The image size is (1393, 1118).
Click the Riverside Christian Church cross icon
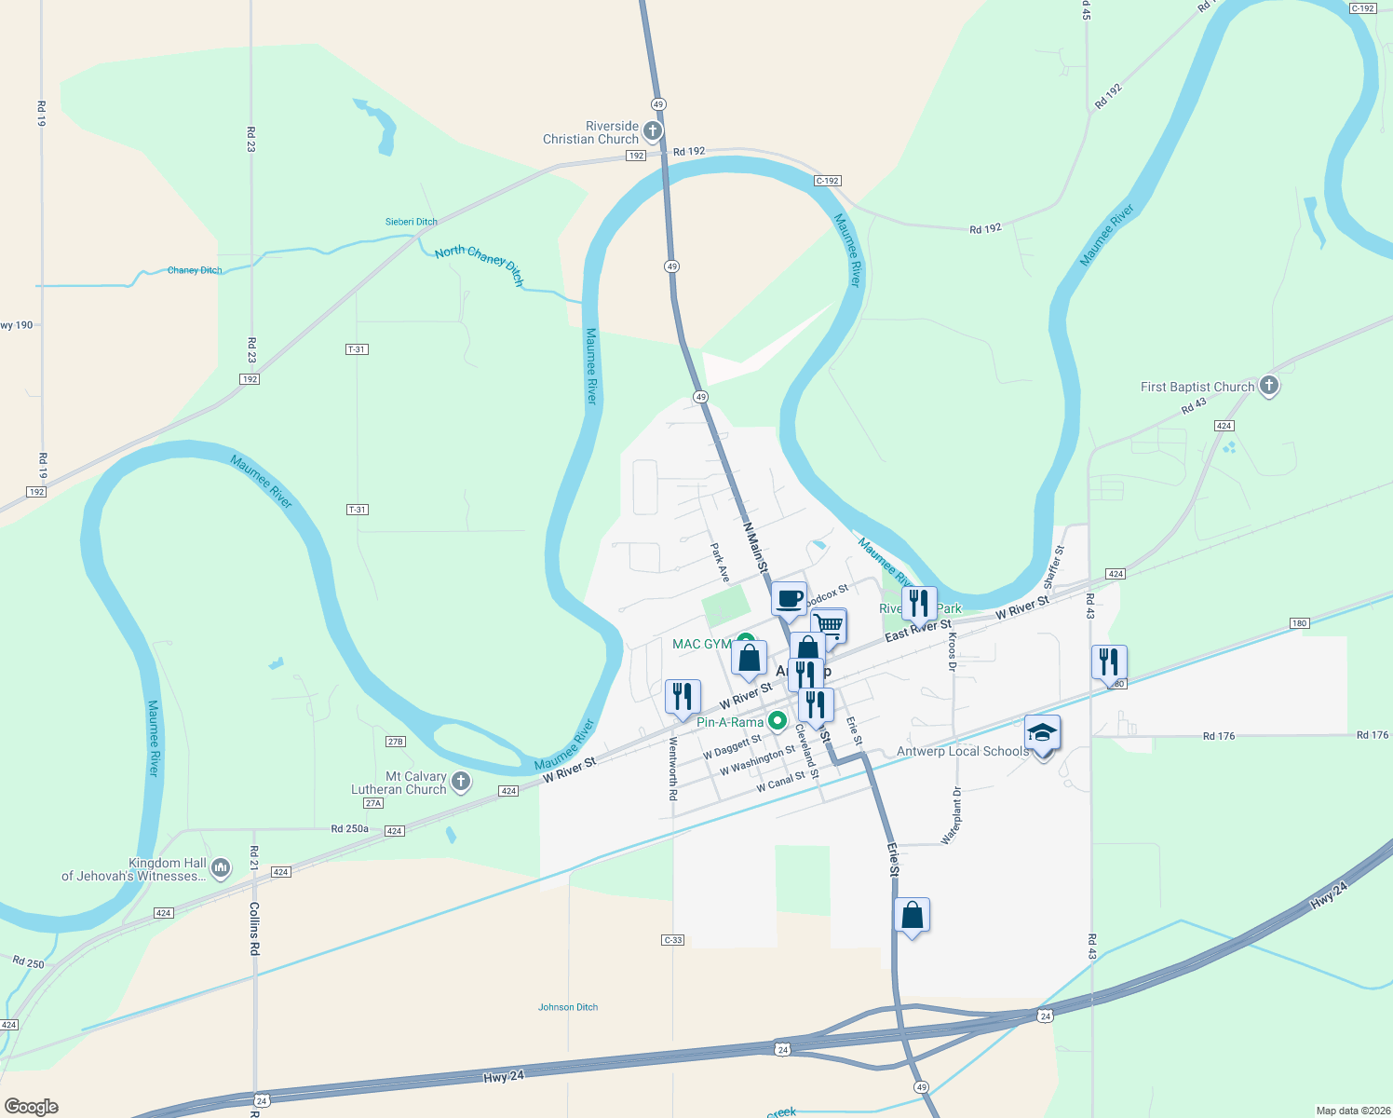[x=653, y=130]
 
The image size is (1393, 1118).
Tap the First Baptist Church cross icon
[x=1268, y=385]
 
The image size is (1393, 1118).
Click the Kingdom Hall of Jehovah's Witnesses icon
[x=221, y=868]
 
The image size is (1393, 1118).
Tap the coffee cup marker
[x=789, y=599]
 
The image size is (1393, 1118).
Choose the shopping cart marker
[x=829, y=624]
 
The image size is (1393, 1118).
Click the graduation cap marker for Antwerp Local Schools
[x=1042, y=733]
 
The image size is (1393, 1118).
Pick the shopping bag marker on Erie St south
[x=912, y=915]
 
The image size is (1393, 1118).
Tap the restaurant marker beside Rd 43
[x=1109, y=661]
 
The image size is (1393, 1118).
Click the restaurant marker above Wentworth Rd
[x=683, y=696]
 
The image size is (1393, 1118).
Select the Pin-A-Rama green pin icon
[x=777, y=722]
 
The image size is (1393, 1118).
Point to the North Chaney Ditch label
[x=480, y=265]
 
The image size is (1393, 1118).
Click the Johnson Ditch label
[x=568, y=1007]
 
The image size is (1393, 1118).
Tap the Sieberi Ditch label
[x=412, y=222]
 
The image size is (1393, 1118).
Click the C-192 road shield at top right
[x=1362, y=8]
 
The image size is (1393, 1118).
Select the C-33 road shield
[x=673, y=940]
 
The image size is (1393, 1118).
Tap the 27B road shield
[x=395, y=742]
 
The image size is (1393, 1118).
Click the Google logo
[x=32, y=1107]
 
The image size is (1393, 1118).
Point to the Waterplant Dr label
[x=953, y=816]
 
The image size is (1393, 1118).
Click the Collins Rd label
[x=254, y=929]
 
